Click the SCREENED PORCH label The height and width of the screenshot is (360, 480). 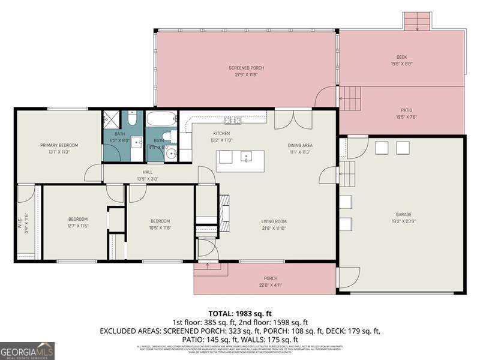click(246, 68)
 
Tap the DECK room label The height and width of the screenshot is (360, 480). click(401, 57)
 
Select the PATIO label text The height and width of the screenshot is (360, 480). click(401, 110)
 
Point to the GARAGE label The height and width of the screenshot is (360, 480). click(403, 214)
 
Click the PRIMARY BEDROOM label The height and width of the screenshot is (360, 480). click(59, 145)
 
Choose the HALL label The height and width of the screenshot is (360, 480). click(148, 172)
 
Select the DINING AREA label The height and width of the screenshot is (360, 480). click(300, 145)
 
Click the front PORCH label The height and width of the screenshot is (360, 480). click(271, 278)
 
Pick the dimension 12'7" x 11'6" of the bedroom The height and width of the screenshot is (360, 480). click(77, 226)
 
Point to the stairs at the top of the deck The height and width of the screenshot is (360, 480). click(417, 22)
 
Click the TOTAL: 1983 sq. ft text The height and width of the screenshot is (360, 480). click(240, 313)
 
